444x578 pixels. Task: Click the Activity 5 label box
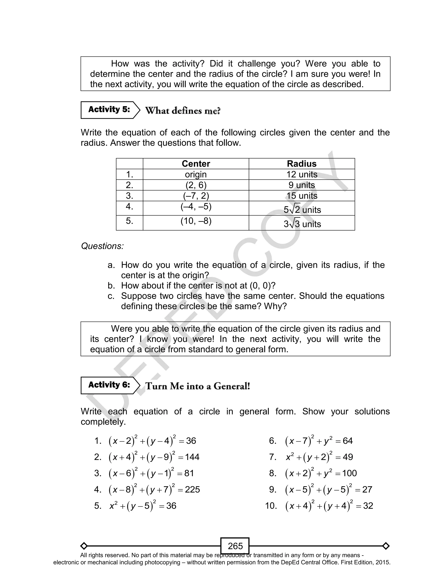[109, 110]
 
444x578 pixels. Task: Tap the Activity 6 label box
[109, 385]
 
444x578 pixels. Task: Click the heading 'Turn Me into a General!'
[198, 386]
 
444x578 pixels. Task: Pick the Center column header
[196, 164]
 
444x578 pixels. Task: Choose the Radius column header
[302, 164]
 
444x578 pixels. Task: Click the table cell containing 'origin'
[196, 175]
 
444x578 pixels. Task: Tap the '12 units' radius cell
[302, 175]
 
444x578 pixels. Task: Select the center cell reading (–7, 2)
[196, 196]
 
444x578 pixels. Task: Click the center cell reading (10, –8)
[196, 221]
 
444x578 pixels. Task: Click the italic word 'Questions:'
[102, 246]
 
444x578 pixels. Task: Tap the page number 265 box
[235, 546]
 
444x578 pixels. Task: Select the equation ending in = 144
[154, 457]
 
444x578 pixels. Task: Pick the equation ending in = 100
[321, 473]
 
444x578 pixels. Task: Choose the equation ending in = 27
[328, 490]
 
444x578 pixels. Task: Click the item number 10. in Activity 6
[271, 506]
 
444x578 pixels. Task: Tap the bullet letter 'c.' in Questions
[111, 296]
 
